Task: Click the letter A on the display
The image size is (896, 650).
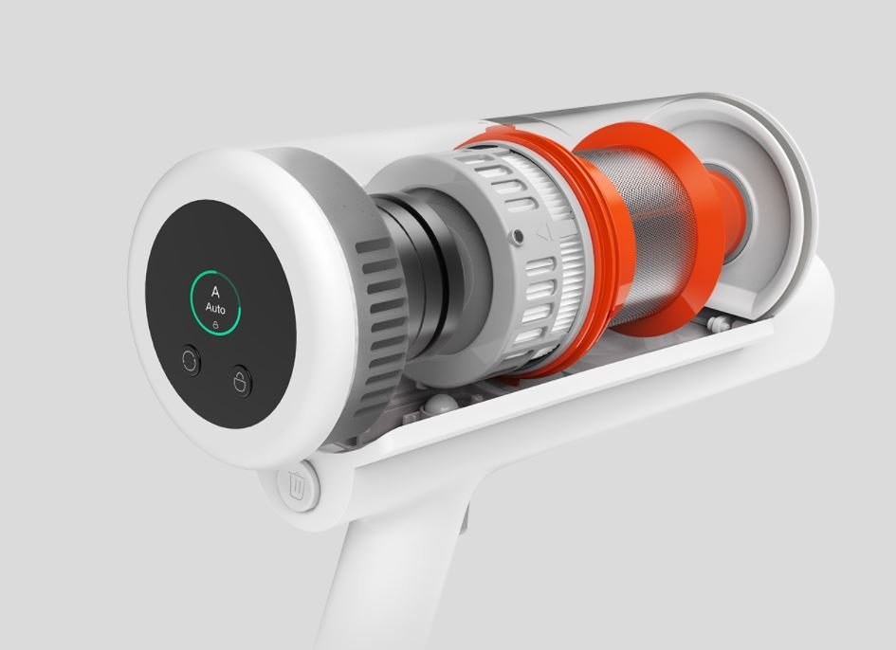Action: coord(215,292)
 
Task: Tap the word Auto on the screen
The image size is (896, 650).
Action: coord(215,309)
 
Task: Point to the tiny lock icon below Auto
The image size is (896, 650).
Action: coord(215,324)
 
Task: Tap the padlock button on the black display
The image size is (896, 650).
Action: coord(242,381)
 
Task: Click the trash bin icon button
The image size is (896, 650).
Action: coord(297,487)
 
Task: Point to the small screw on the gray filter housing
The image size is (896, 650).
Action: coord(518,236)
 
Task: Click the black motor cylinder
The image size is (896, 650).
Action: coord(423,274)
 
